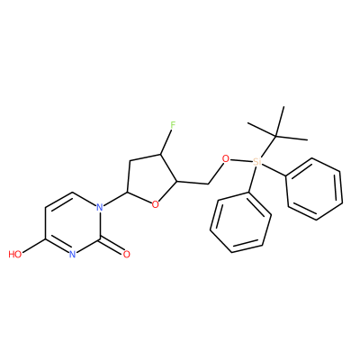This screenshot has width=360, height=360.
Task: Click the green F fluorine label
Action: pos(172,124)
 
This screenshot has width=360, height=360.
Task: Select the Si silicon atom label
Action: pos(256,162)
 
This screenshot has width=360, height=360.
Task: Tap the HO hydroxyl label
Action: pos(15,255)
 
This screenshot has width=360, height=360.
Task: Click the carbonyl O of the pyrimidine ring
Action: pos(127,255)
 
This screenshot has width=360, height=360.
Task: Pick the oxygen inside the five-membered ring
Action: pos(155,205)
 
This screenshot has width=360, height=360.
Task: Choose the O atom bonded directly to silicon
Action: pos(225,158)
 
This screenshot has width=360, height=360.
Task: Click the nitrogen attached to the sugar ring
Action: pos(100,206)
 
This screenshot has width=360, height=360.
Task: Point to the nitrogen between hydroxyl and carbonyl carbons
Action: pos(72,255)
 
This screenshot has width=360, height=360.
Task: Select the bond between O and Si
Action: pos(240,160)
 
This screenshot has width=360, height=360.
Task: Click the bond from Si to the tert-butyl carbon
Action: pos(267,147)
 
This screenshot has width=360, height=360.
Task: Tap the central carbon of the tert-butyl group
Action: pos(275,137)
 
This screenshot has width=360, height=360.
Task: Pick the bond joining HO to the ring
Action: pos(33,246)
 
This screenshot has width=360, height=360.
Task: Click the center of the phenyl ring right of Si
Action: pos(314,189)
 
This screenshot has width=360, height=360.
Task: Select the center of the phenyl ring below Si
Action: pos(240,222)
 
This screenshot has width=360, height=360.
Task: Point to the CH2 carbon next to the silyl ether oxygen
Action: pos(207,184)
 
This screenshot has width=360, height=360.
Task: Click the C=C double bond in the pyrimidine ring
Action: pos(59,200)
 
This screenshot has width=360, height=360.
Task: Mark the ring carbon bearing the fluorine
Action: pos(161,155)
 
